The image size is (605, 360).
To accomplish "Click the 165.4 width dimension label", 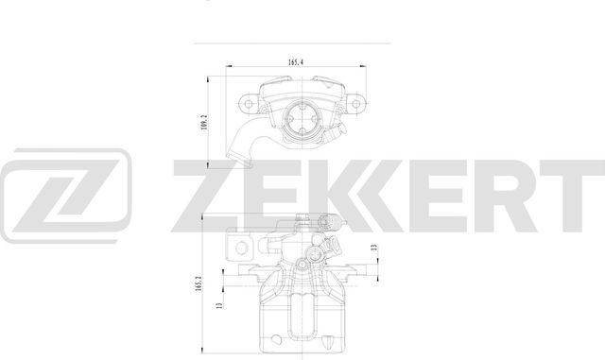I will (x=295, y=62).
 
